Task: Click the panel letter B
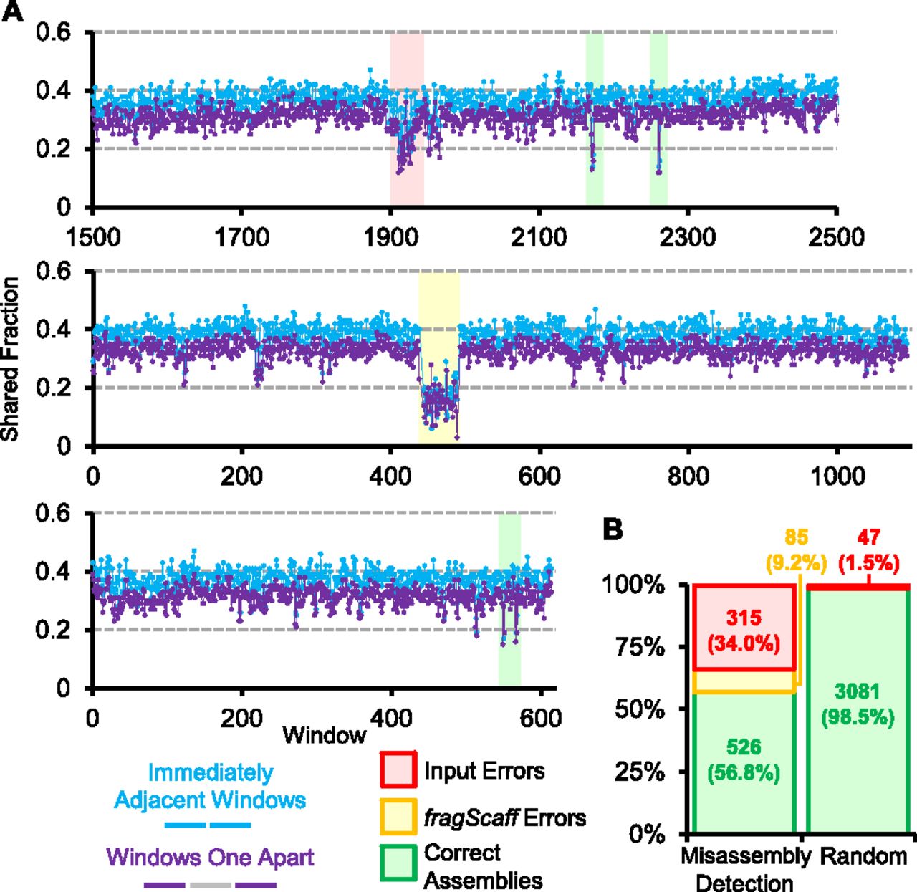[613, 529]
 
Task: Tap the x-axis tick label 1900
[390, 236]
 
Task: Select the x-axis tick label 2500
[836, 236]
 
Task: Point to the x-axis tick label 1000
[836, 476]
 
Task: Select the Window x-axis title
[324, 734]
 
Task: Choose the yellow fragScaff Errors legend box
[398, 817]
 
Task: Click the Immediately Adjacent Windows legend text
[210, 786]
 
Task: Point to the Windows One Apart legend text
[210, 857]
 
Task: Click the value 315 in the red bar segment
[744, 618]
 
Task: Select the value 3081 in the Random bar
[858, 691]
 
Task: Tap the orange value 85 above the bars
[796, 537]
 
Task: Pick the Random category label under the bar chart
[863, 855]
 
